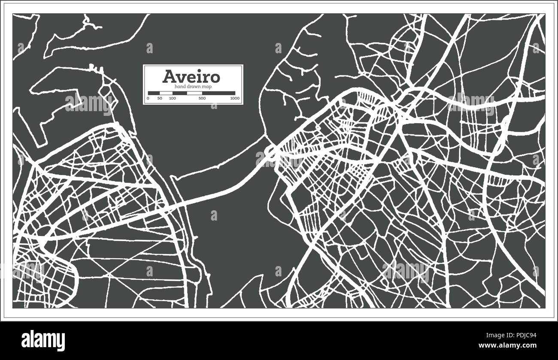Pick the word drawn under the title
click(x=193, y=87)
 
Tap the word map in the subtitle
click(x=207, y=87)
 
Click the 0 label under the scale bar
click(x=148, y=99)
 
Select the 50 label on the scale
click(x=160, y=99)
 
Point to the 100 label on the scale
click(x=172, y=99)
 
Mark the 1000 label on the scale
click(x=234, y=99)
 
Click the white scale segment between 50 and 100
click(x=166, y=93)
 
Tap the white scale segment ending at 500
click(x=194, y=93)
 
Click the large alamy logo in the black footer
click(x=43, y=340)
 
